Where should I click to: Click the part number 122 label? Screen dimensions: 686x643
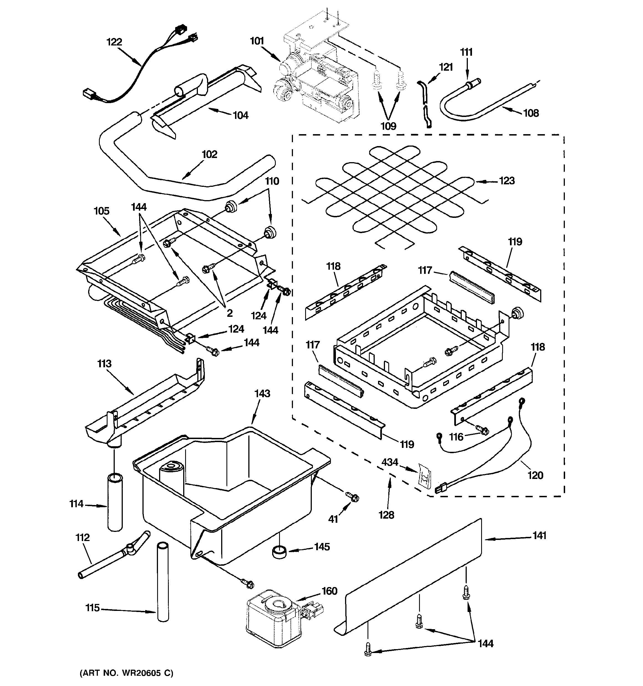(114, 42)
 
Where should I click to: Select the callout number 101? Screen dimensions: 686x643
(257, 41)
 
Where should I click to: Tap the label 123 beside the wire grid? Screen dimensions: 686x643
(507, 180)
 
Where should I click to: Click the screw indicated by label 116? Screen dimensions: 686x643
(484, 430)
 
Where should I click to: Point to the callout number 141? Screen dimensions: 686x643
(539, 535)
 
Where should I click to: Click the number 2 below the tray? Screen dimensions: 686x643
(229, 313)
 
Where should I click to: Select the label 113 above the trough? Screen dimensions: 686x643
(104, 364)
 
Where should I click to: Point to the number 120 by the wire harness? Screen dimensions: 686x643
(535, 476)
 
